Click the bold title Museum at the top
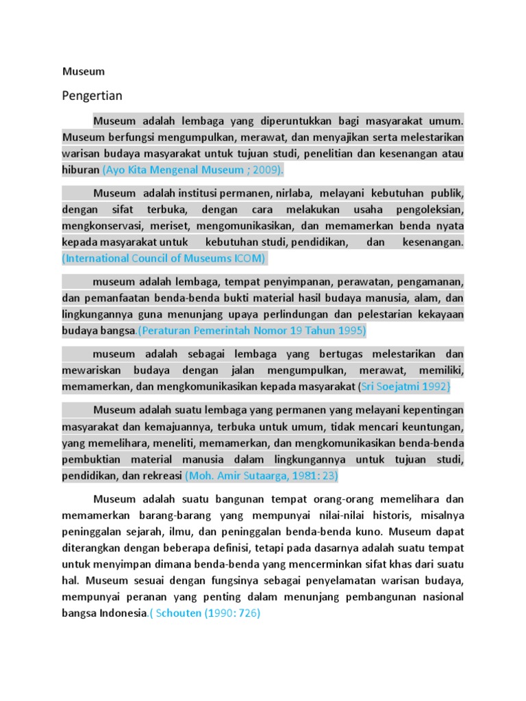pos(84,71)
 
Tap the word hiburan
pos(81,169)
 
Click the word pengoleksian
pos(431,209)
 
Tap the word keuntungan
pos(428,426)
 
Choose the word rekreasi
pos(162,475)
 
